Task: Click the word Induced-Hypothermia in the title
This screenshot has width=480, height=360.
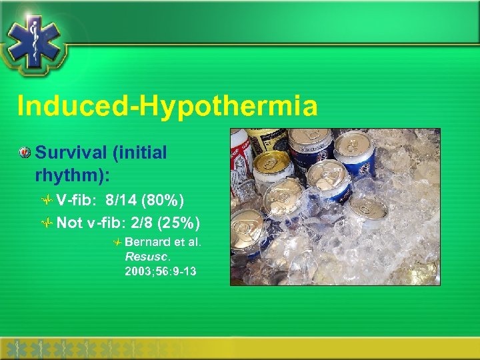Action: (167, 106)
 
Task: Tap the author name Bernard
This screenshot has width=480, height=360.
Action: (144, 241)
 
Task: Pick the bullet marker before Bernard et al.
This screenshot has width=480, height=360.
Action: (117, 241)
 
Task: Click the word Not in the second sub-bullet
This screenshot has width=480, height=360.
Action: (69, 222)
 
